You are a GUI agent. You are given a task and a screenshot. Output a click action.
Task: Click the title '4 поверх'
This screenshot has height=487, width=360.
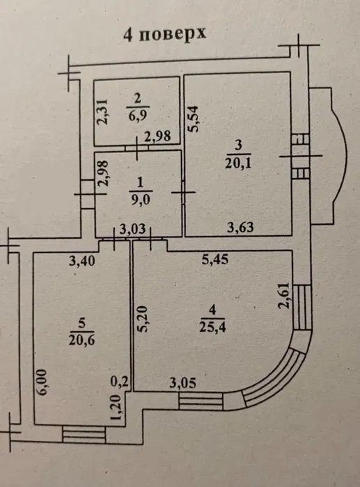point(164,33)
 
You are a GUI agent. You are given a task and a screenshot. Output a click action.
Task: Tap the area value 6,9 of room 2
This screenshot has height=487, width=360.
point(137,116)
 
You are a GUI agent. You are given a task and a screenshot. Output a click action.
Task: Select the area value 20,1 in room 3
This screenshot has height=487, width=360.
point(238,163)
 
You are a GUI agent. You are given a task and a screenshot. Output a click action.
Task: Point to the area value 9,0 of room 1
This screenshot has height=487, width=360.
point(141,199)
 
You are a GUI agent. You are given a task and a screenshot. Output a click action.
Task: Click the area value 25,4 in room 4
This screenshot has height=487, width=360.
point(212,327)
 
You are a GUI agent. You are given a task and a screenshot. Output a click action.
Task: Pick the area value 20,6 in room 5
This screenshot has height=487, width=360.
point(81,340)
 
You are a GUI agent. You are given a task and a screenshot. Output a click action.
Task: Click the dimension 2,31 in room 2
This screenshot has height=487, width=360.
point(102,112)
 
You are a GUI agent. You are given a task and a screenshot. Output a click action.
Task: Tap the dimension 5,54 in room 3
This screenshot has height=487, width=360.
point(193,119)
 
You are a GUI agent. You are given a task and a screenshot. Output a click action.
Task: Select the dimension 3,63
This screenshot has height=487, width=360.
point(240,227)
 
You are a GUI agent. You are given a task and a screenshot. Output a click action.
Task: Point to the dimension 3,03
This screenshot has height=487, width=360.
point(133,229)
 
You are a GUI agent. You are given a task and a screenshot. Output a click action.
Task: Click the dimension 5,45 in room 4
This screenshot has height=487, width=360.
point(215,259)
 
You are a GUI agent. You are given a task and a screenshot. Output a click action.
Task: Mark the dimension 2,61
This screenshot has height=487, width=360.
point(284,295)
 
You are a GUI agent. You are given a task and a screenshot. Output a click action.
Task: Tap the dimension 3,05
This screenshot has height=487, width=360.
point(183,383)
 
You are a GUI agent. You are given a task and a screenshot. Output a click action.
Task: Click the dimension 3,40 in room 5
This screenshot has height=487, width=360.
point(81,261)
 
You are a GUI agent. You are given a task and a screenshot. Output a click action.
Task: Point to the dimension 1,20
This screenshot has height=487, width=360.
point(116,408)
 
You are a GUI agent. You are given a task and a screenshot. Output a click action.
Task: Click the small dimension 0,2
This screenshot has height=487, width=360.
point(120,381)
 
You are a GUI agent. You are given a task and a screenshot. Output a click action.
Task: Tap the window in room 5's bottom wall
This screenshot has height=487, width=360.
point(84,434)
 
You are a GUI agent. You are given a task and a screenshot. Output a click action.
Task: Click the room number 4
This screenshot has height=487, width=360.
point(212,310)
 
